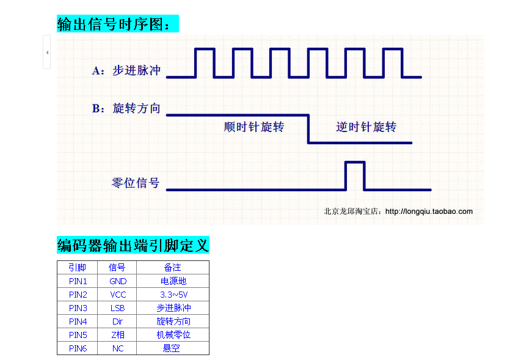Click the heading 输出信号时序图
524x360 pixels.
(x=117, y=24)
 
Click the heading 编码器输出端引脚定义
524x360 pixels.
(x=133, y=246)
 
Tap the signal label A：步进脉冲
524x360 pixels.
(x=126, y=71)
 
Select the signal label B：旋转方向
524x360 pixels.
(x=126, y=109)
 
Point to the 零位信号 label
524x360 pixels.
(x=136, y=183)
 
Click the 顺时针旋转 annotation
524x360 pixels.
(x=254, y=127)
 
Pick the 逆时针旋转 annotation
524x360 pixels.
(x=366, y=127)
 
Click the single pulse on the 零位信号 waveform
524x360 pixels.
(x=355, y=174)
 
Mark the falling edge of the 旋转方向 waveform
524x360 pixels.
(x=308, y=129)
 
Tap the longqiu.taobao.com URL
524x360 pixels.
(x=429, y=211)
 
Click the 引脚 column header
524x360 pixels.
(x=78, y=267)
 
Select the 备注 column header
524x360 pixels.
(x=173, y=267)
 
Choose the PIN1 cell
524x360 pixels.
(x=78, y=281)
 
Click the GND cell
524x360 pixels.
(x=118, y=281)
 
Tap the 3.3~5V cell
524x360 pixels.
(x=173, y=295)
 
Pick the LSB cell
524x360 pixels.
(x=118, y=308)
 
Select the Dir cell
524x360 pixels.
(x=118, y=321)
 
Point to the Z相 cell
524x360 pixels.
(x=118, y=335)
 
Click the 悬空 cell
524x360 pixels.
(x=173, y=348)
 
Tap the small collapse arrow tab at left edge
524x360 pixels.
(x=47, y=53)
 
